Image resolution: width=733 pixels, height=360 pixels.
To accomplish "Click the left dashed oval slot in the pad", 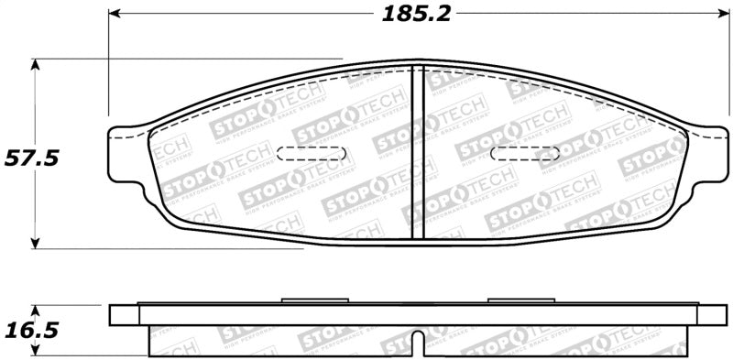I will [x=311, y=153].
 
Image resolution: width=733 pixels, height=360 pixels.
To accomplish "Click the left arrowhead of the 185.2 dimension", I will [x=115, y=14].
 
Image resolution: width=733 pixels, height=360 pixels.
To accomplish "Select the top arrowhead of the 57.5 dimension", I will [x=36, y=65].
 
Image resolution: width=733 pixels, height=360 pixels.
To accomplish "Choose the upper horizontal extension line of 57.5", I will [x=183, y=60].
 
